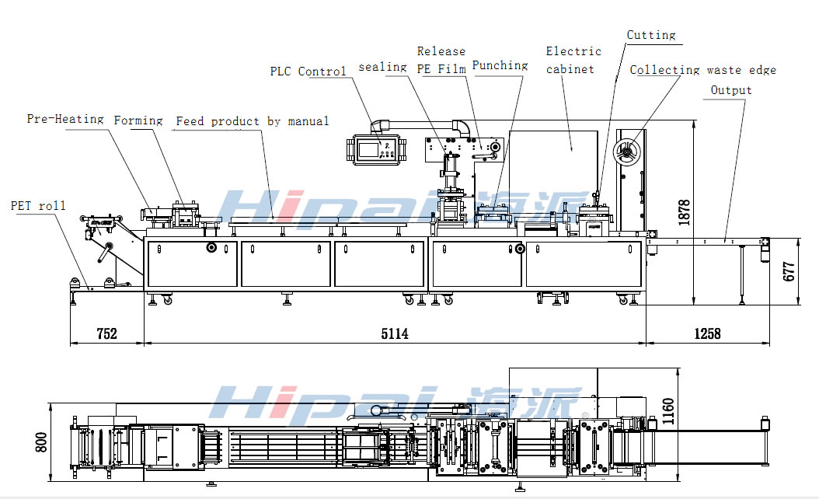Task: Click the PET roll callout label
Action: (x=38, y=206)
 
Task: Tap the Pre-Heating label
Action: (x=65, y=119)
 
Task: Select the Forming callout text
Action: (x=138, y=120)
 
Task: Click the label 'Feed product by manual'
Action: (x=252, y=121)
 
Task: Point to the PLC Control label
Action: (x=308, y=72)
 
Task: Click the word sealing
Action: (x=382, y=67)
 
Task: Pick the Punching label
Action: (x=500, y=65)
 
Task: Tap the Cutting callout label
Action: (x=651, y=35)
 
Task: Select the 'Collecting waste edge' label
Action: (x=702, y=70)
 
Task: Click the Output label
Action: (x=731, y=90)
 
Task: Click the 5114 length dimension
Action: (x=394, y=333)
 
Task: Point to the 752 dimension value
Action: (x=106, y=333)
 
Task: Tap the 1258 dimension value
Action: (x=707, y=333)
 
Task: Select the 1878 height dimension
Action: (x=684, y=212)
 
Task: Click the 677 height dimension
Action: (x=790, y=271)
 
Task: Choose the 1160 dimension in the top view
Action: (x=669, y=413)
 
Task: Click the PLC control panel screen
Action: (x=380, y=148)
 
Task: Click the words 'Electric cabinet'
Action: (x=573, y=60)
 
